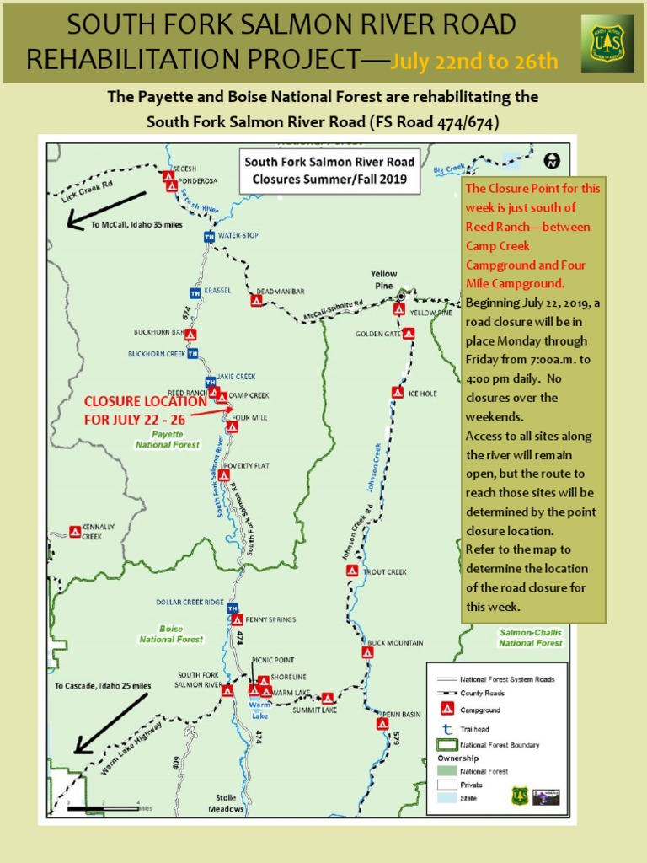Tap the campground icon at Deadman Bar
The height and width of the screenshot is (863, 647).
click(x=256, y=300)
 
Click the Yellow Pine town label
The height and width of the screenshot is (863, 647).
click(x=384, y=280)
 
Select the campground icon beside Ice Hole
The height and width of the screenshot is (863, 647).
click(x=397, y=392)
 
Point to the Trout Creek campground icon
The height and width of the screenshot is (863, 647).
click(x=352, y=571)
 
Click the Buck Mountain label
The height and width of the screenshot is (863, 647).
click(x=395, y=643)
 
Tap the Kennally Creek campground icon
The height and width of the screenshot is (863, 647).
click(x=74, y=532)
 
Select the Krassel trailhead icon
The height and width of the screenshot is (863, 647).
click(x=195, y=292)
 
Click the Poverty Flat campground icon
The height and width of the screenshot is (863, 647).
click(x=223, y=475)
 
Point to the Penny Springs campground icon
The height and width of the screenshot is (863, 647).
click(x=237, y=619)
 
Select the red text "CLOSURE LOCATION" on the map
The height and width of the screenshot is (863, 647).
click(x=144, y=402)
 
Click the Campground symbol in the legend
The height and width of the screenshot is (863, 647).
click(x=446, y=710)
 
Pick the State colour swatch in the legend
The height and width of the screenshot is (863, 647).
click(x=446, y=799)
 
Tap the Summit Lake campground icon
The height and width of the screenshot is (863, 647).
click(x=328, y=698)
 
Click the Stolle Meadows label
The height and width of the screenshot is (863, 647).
click(x=226, y=803)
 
